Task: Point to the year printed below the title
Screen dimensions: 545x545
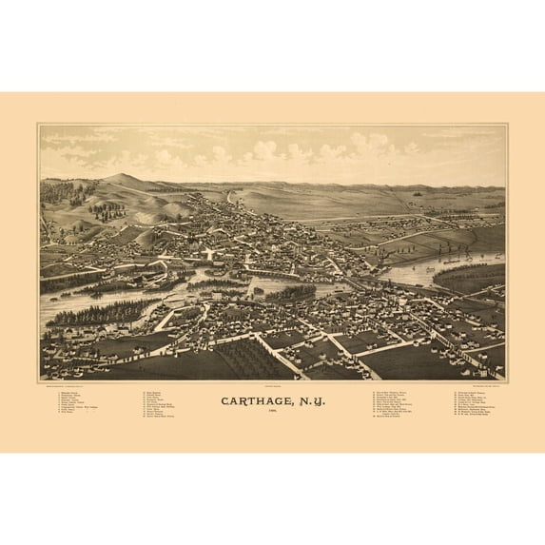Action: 273,413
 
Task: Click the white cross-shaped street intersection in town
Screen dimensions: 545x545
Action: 208,255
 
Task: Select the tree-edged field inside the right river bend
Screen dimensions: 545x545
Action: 471,277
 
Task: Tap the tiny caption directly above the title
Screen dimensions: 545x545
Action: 273,386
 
